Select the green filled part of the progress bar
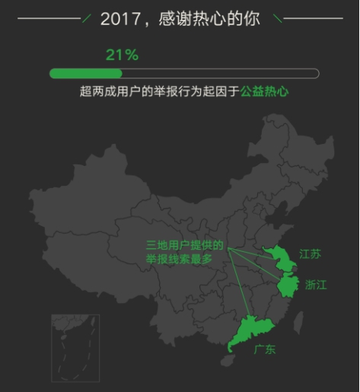coord(85,74)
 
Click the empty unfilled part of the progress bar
coord(221,74)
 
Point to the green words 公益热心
coord(266,91)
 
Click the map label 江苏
coord(310,254)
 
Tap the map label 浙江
coord(315,285)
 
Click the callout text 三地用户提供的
coord(185,246)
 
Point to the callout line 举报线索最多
coord(180,260)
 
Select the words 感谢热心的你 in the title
coord(209,18)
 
